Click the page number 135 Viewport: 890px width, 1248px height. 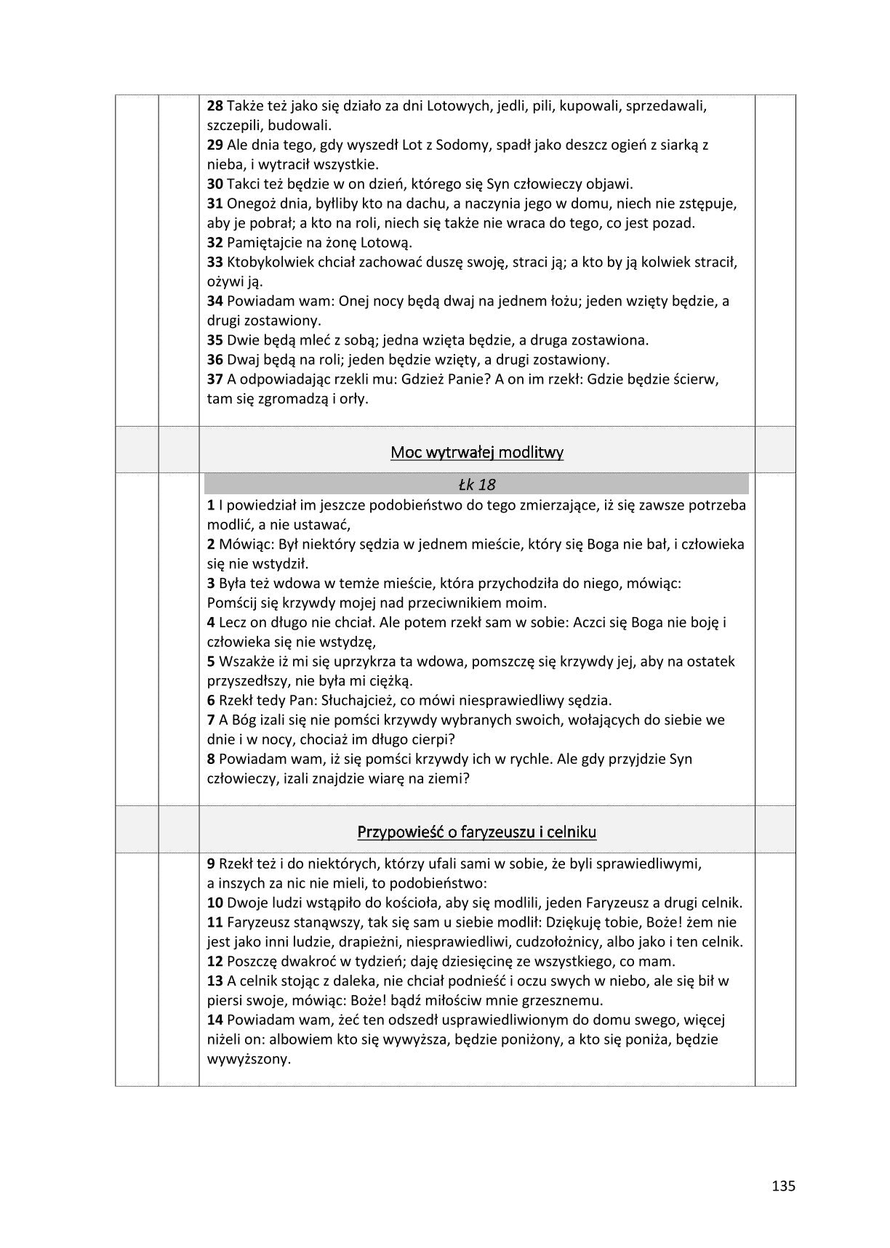pyautogui.click(x=783, y=1186)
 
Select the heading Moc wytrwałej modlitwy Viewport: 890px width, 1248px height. pyautogui.click(x=477, y=452)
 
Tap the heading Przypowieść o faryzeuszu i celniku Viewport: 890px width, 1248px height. pyautogui.click(x=477, y=832)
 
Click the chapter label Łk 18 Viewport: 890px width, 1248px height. pyautogui.click(x=477, y=484)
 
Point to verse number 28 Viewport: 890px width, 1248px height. pyautogui.click(x=215, y=106)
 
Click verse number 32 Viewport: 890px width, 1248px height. pyautogui.click(x=215, y=243)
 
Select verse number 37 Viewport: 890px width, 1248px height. pyautogui.click(x=215, y=379)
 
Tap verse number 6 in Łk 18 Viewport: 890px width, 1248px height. pyautogui.click(x=211, y=701)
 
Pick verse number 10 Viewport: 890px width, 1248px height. pyautogui.click(x=215, y=903)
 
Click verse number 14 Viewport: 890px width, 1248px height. pyautogui.click(x=215, y=1020)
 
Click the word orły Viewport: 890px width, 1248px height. pyautogui.click(x=354, y=398)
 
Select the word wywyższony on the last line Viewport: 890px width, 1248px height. pyautogui.click(x=249, y=1058)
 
